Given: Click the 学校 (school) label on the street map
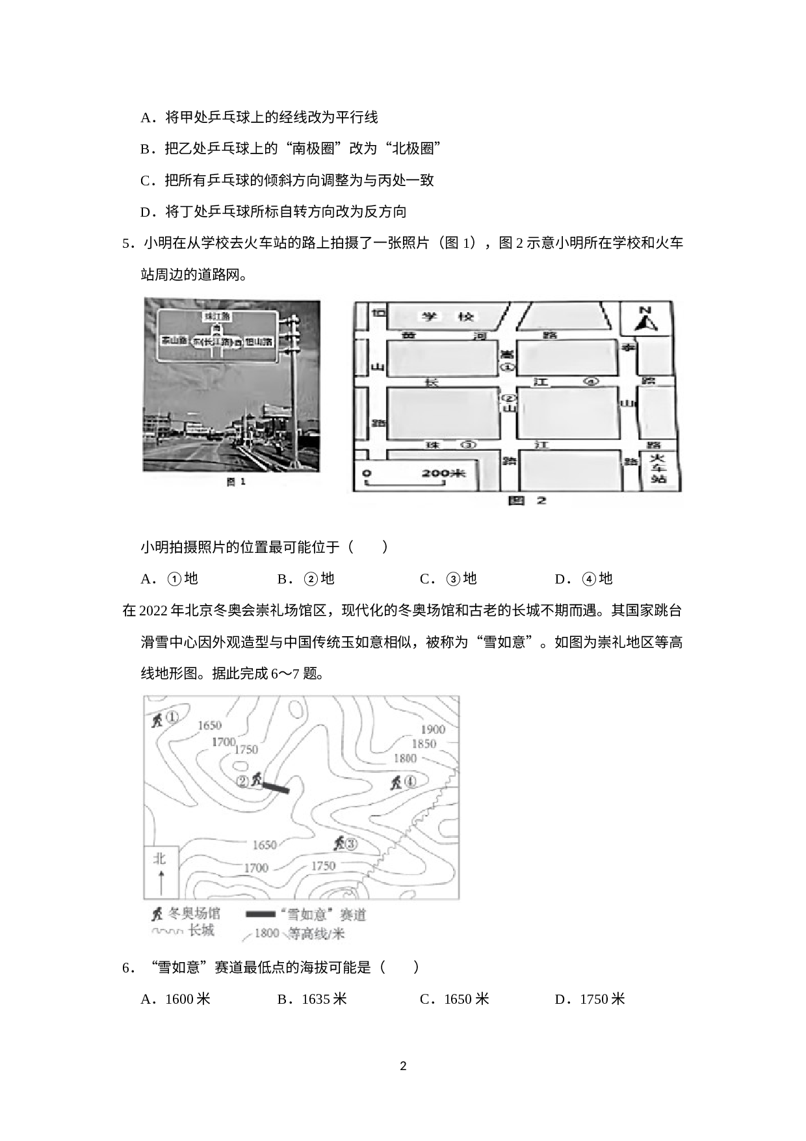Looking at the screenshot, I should pos(448,317).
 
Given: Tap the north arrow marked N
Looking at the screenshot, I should pos(645,319).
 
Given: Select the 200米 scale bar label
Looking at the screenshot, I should pos(443,473).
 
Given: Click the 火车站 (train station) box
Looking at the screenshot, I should pos(658,468).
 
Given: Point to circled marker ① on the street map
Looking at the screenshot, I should pos(508,367).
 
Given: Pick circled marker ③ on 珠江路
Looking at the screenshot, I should pos(468,445).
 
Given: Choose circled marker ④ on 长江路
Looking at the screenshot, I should pos(591,382).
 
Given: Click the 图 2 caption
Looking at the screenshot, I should pos(526,500).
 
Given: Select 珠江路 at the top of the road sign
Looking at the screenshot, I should pos(217,316).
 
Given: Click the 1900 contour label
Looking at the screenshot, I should pos(433,729).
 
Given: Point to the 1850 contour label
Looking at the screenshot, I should pos(424,744).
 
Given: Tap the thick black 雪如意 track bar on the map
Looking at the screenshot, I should pos(276,787).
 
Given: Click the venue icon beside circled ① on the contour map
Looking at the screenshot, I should pos(157,719).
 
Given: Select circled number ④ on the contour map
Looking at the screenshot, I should pos(411,781).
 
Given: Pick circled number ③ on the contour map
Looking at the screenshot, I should pos(351,844).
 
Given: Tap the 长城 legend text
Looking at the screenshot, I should pos(201,930).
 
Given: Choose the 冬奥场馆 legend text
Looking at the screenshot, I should pos(194,913).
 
